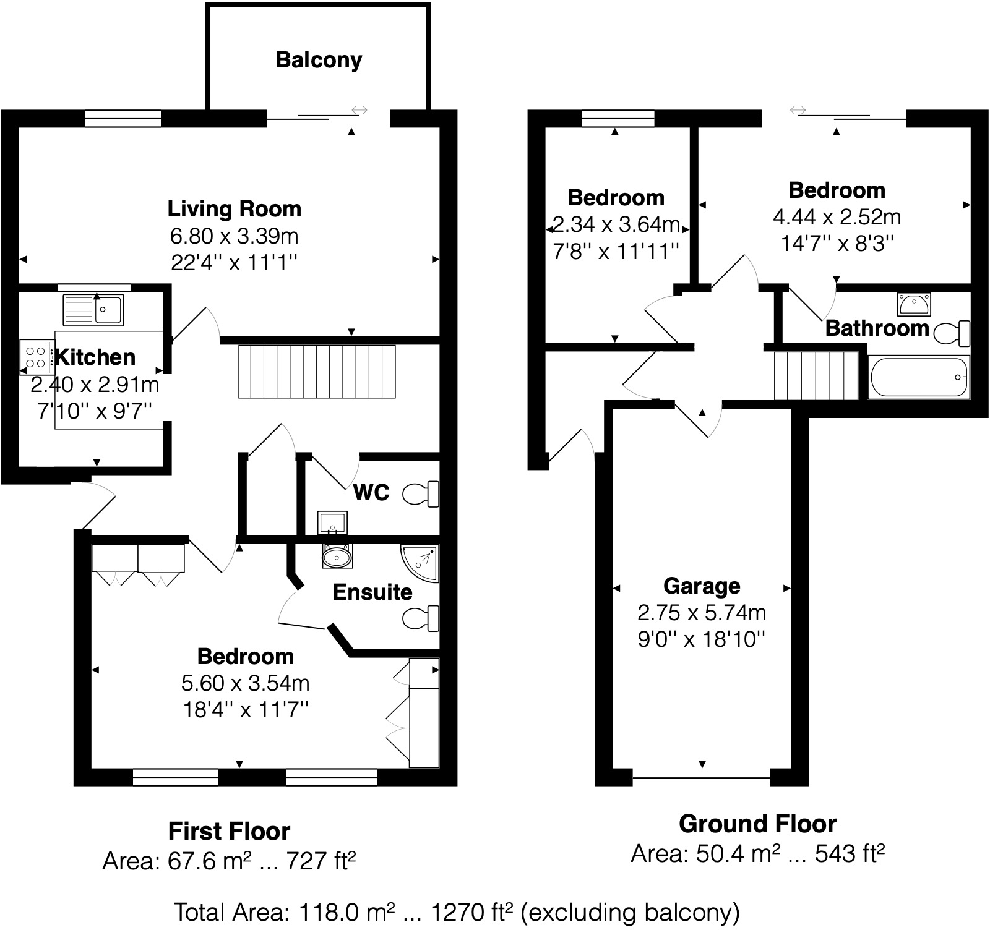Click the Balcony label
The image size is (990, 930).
(x=319, y=60)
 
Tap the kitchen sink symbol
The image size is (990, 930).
(x=93, y=309)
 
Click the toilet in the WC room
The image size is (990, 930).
(x=421, y=493)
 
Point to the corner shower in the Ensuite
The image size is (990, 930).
(x=420, y=563)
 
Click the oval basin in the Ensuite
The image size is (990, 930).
(x=337, y=557)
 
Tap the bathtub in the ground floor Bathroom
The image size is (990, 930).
(x=918, y=377)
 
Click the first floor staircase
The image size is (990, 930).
(x=317, y=371)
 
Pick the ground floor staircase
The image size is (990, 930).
(x=816, y=375)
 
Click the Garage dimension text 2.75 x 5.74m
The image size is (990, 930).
(x=702, y=613)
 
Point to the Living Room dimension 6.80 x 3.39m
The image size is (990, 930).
(x=235, y=236)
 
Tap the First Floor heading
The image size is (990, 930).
(x=229, y=831)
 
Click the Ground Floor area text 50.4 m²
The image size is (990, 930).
(x=736, y=854)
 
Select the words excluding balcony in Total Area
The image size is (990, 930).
(x=631, y=912)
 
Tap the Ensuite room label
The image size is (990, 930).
(x=372, y=592)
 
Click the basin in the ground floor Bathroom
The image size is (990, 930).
(x=914, y=304)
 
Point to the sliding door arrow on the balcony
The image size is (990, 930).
(x=359, y=110)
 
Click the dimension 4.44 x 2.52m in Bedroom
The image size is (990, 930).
(x=837, y=217)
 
